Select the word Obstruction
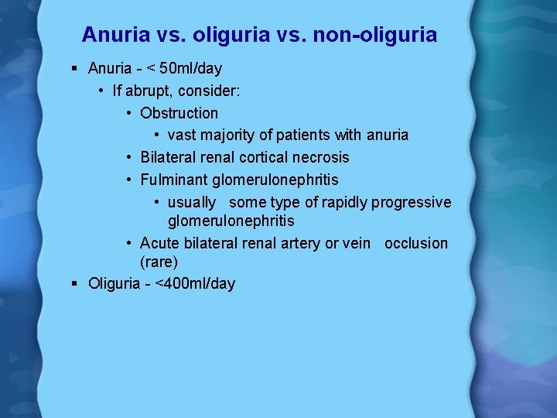[179, 113]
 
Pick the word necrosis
[320, 157]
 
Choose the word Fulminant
[175, 180]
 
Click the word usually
[192, 202]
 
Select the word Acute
[160, 243]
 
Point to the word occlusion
[416, 243]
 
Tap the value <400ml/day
[195, 283]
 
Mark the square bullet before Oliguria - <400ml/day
[73, 283]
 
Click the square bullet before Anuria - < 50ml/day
[73, 69]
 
